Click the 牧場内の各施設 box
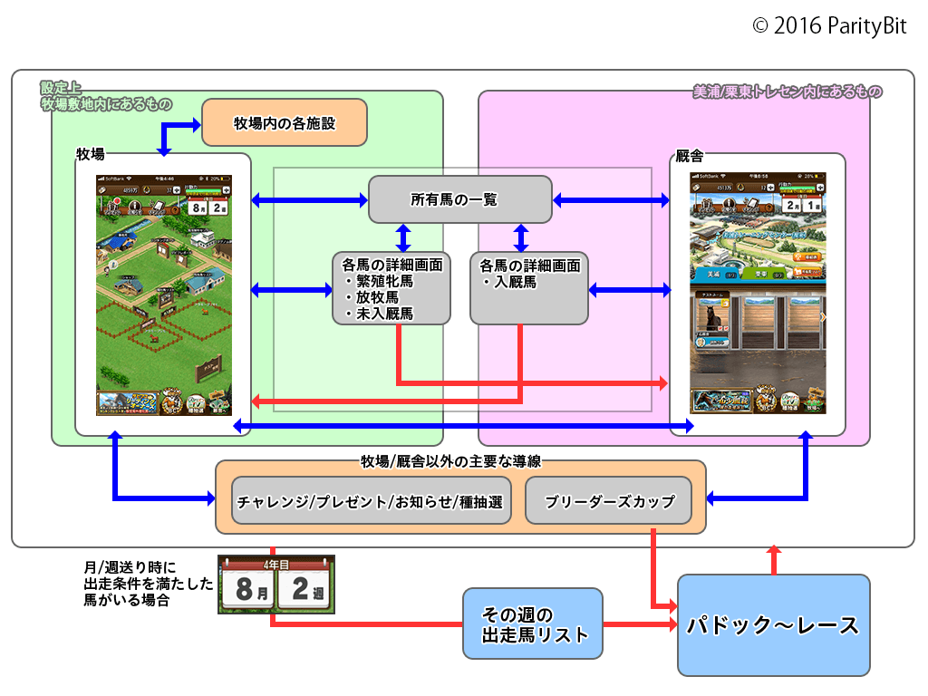click(x=284, y=122)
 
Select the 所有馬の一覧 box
click(x=459, y=199)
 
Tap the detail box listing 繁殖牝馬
click(x=391, y=289)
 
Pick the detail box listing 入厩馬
click(x=528, y=289)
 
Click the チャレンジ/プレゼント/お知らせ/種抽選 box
click(x=370, y=501)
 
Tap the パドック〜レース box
click(x=773, y=624)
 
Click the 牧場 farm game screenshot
click(x=163, y=295)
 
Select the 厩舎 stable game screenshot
click(x=758, y=295)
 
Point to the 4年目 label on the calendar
click(x=275, y=563)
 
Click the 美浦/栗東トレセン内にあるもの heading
click(x=787, y=92)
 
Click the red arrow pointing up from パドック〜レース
click(x=773, y=559)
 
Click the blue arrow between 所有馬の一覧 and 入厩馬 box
click(x=521, y=237)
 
